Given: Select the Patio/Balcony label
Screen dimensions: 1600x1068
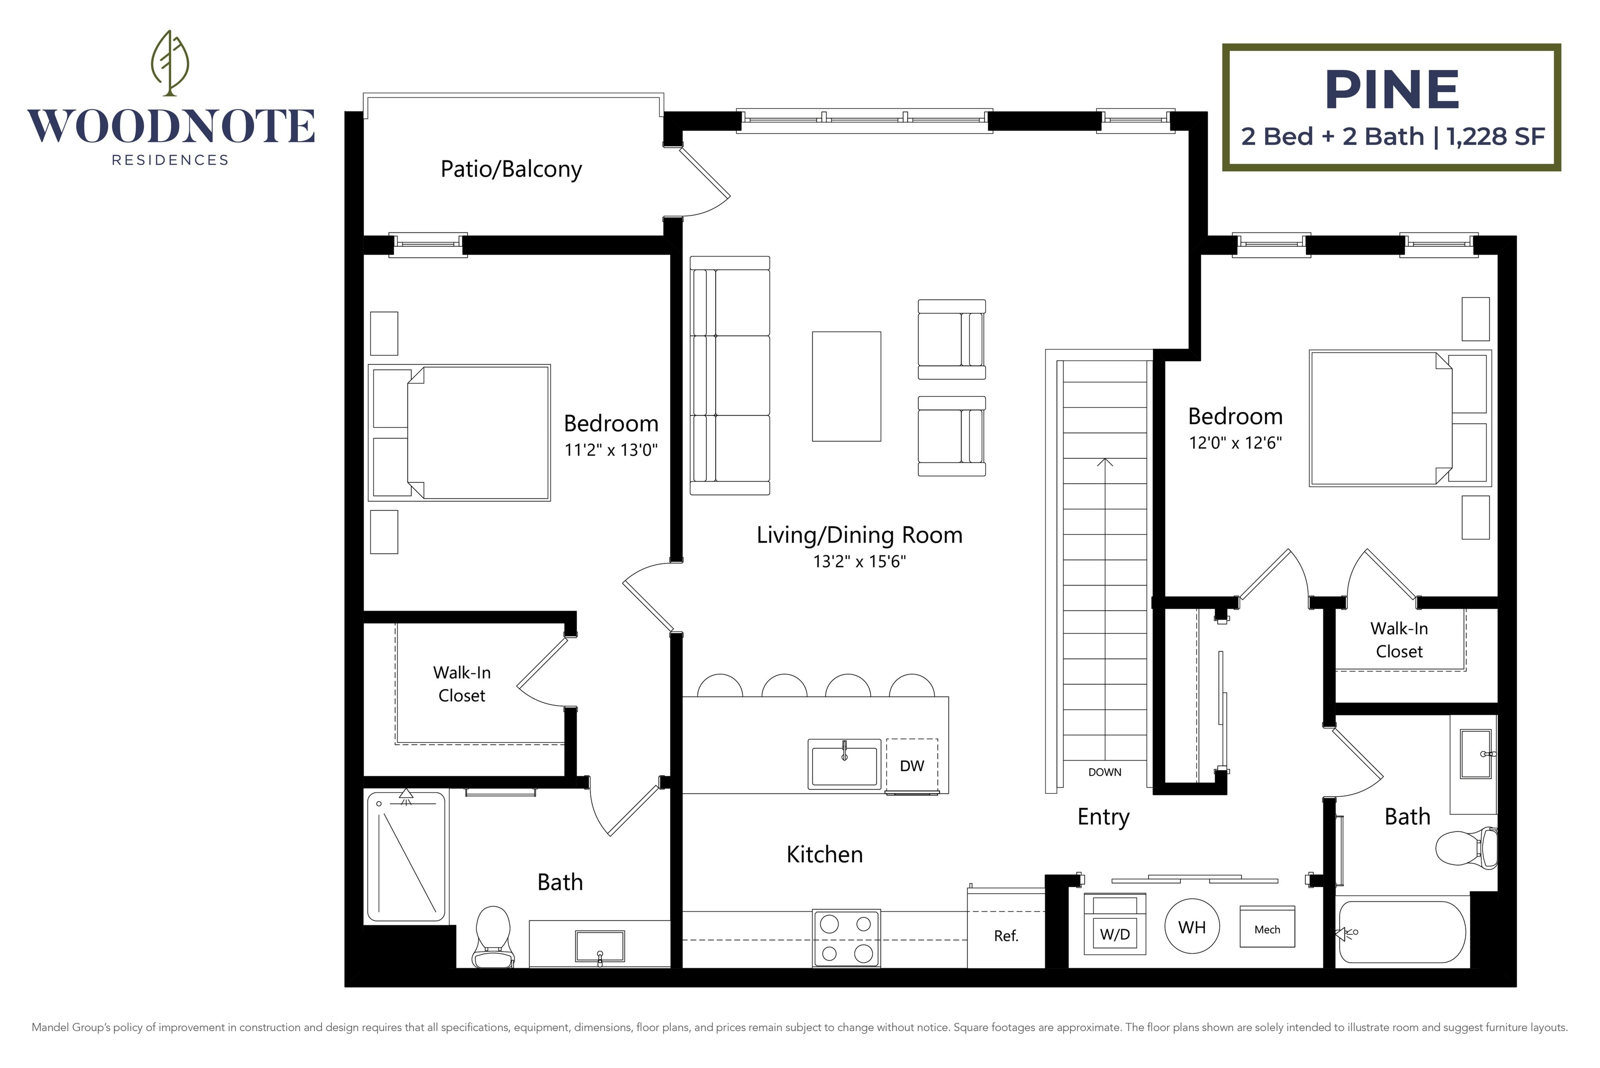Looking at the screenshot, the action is pos(511,169).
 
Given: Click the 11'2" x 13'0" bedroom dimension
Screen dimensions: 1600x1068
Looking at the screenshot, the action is pos(611,450).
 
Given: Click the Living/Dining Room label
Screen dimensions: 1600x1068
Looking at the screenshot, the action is pos(860,535).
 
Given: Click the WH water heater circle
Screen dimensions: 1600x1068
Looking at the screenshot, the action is pos(1192,927).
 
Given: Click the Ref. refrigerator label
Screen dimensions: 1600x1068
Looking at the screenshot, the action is pos(1006,936).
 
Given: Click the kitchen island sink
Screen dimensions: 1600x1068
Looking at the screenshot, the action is pos(845,764).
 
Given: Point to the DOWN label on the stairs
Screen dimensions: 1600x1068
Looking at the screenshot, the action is pos(1105,772).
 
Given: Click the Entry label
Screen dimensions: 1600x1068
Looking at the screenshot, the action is pos(1104,817).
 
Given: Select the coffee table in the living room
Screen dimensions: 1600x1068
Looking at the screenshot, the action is pos(846,386).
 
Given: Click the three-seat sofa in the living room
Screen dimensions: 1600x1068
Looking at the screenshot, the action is pos(730,375).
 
